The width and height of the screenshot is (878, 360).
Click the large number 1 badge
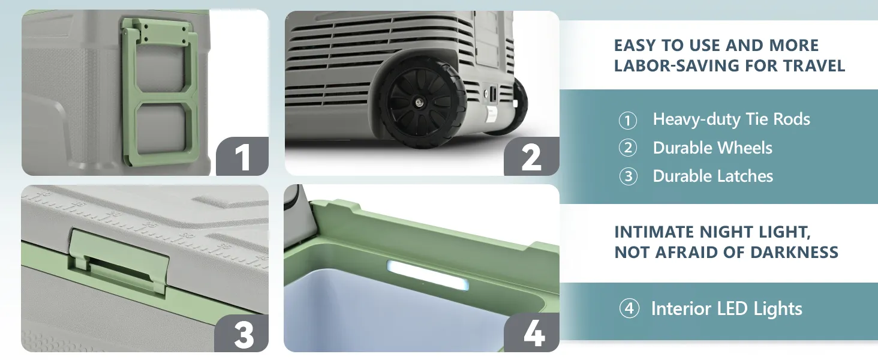[x=242, y=156]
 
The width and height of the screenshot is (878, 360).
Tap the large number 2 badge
[x=531, y=156]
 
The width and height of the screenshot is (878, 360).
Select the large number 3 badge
[x=242, y=334]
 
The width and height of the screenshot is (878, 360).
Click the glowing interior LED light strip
[x=428, y=275]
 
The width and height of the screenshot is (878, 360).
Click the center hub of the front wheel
[x=418, y=103]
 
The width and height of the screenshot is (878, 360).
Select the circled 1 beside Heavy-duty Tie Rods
[x=627, y=121]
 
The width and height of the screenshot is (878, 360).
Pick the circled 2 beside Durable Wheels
[x=627, y=148]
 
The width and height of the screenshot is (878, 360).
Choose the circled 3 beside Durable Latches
[x=628, y=176]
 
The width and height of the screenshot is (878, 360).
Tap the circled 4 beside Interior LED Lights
[x=629, y=308]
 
